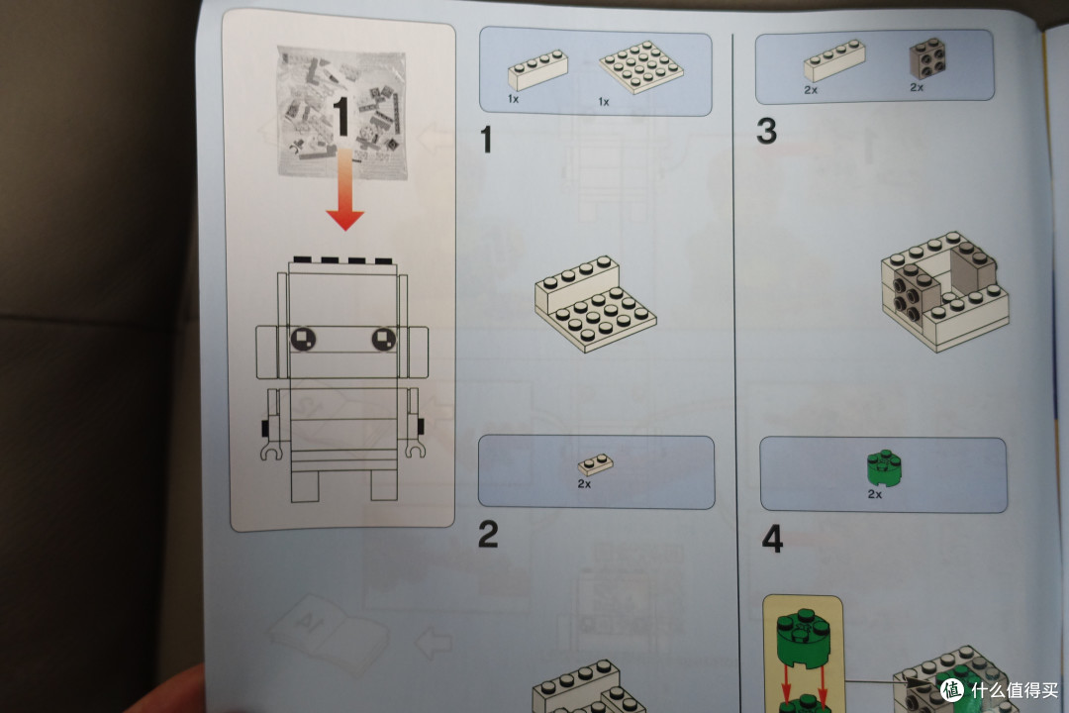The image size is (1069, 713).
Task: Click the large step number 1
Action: [x=486, y=140]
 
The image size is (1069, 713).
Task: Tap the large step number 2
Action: [x=488, y=534]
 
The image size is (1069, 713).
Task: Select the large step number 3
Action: [x=766, y=131]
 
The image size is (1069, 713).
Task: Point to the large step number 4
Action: [x=772, y=539]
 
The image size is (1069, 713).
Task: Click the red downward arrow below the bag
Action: [x=345, y=189]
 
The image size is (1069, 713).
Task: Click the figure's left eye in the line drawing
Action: [x=304, y=339]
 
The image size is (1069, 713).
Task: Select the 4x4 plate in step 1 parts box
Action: [x=640, y=66]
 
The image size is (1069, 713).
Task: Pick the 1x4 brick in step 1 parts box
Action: [x=537, y=69]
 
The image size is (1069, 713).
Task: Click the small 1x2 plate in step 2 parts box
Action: [x=595, y=464]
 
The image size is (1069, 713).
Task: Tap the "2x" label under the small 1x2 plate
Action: [x=584, y=483]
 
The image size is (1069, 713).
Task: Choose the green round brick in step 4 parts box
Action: [x=884, y=468]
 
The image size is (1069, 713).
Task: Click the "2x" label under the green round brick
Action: [x=875, y=494]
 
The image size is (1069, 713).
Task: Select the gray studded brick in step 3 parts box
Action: [x=927, y=59]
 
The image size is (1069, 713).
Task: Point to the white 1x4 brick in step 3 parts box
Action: [x=834, y=60]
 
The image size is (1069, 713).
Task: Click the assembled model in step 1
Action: [x=595, y=304]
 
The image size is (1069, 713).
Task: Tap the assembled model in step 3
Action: [x=944, y=291]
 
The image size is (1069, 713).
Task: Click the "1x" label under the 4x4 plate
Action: [x=604, y=102]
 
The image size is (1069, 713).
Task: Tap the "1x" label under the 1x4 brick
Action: [x=514, y=99]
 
